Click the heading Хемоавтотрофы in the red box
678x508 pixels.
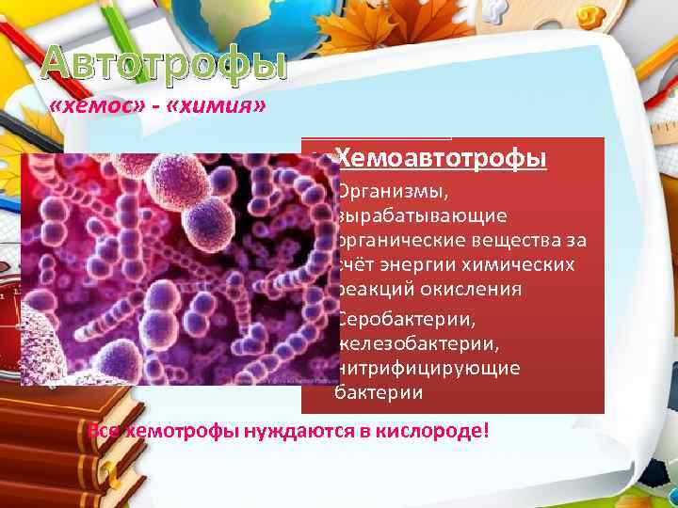tap(441, 158)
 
